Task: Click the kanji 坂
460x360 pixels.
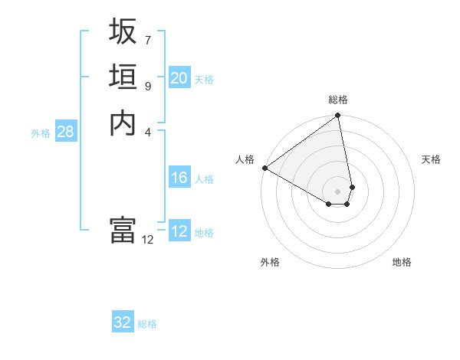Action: click(x=123, y=31)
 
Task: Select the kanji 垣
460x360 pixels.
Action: click(x=123, y=77)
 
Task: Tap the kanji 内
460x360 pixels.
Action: click(x=123, y=123)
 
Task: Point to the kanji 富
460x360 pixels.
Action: click(x=123, y=230)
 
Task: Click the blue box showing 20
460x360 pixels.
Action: click(x=179, y=78)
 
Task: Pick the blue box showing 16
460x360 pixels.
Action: click(x=179, y=178)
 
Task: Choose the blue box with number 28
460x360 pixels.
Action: click(x=65, y=132)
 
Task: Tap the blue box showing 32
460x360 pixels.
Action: click(x=123, y=322)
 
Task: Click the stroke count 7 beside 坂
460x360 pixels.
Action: click(x=147, y=39)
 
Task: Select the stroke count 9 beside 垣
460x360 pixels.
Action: click(x=147, y=86)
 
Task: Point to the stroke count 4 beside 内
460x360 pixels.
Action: click(x=147, y=132)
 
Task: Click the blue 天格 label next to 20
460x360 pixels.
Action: click(x=204, y=79)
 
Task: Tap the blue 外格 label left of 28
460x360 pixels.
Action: click(x=41, y=133)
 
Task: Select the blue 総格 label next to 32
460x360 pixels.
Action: click(x=147, y=324)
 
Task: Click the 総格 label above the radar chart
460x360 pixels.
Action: click(x=338, y=100)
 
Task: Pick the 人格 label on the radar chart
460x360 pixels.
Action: click(x=245, y=159)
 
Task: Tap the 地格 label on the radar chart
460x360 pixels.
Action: click(x=402, y=262)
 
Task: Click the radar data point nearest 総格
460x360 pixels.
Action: click(x=338, y=116)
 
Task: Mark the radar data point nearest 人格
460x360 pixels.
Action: click(x=264, y=168)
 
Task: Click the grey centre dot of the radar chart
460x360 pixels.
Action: click(x=338, y=191)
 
